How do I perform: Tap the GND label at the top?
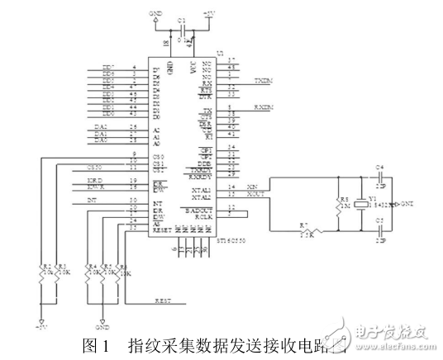coord(155,14)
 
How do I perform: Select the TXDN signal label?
coord(262,82)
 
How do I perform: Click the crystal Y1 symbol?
coord(359,203)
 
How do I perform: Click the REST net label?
coord(163,302)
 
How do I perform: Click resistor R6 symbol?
coord(121,272)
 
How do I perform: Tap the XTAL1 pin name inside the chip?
coord(202,189)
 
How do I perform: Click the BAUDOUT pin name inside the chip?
coord(202,211)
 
